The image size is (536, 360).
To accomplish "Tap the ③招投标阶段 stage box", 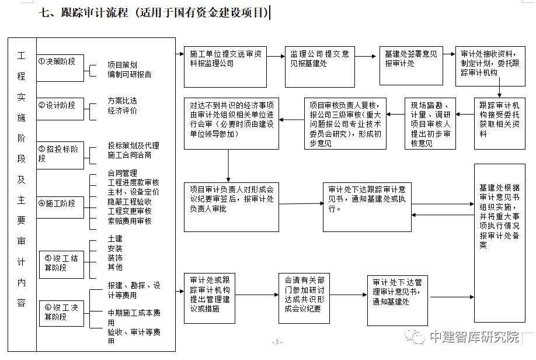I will coord(60,154).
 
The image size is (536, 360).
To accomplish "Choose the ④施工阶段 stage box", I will coord(60,203).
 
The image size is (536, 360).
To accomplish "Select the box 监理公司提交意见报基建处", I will coord(319,59).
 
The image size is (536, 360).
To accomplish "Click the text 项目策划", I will coord(123,65).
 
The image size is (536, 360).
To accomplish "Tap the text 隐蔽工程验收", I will coord(130,201).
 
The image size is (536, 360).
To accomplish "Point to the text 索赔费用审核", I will coord(130,221).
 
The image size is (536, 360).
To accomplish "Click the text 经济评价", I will coord(123,110).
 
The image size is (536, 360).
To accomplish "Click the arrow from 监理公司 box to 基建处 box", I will coord(366,57).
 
